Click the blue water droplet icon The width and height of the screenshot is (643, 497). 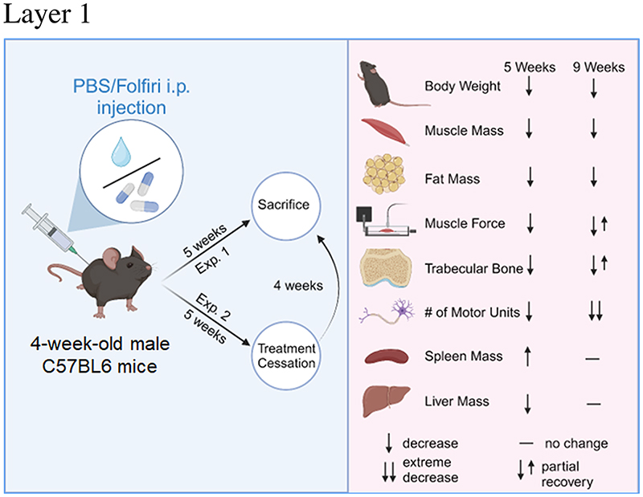click(x=121, y=152)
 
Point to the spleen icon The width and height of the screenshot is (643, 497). click(x=387, y=356)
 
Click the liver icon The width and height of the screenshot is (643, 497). click(x=386, y=401)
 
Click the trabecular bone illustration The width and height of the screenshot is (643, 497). click(x=386, y=267)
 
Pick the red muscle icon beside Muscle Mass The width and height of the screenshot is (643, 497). click(x=385, y=132)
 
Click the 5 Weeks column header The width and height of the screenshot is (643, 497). click(x=530, y=67)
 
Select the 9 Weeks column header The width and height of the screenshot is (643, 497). click(x=599, y=67)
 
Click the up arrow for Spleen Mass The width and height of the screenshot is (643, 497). click(x=528, y=356)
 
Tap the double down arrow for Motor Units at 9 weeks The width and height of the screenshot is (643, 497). click(x=596, y=312)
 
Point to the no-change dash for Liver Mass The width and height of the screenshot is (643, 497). click(x=593, y=404)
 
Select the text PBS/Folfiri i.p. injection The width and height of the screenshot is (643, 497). click(x=132, y=97)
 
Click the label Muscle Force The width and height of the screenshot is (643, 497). click(x=465, y=223)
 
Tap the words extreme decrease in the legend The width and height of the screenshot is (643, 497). click(x=430, y=470)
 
